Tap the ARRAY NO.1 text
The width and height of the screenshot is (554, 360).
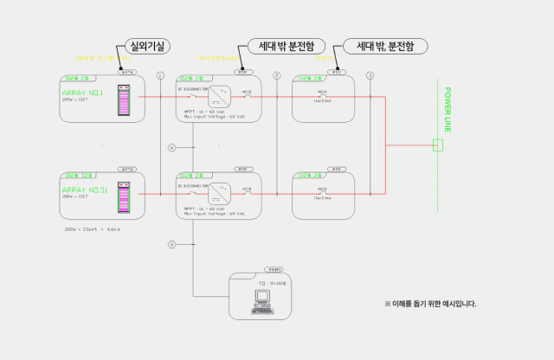(x=83, y=93)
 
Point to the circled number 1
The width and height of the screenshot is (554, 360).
(x=160, y=75)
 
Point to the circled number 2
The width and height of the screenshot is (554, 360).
(x=277, y=75)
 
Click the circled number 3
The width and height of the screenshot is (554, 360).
(x=370, y=75)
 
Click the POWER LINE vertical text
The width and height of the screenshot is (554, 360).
(x=448, y=109)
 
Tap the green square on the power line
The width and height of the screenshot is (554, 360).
(x=438, y=145)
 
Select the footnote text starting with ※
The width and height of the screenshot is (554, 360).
(x=430, y=304)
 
